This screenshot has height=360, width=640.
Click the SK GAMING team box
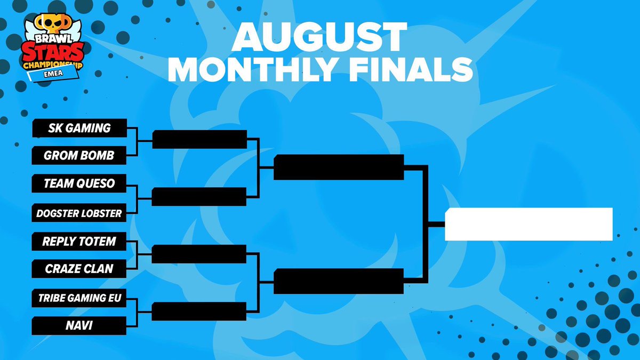coord(79,128)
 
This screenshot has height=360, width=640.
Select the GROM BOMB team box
coord(79,156)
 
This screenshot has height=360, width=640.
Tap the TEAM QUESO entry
coord(79,184)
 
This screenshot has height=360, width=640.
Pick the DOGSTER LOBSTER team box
coord(79,213)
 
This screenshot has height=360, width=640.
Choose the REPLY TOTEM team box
coord(79,242)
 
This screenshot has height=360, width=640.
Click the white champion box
coord(529,224)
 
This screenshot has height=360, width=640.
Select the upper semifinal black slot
coord(339,167)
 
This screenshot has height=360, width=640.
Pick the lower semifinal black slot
coord(339,281)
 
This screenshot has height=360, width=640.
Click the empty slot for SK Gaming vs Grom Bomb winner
coord(199,140)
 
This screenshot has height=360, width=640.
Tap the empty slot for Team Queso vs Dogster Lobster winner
coord(199,197)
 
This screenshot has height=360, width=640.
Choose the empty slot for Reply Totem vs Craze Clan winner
coord(199,254)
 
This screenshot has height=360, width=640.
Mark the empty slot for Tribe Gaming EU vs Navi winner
coord(199,311)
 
